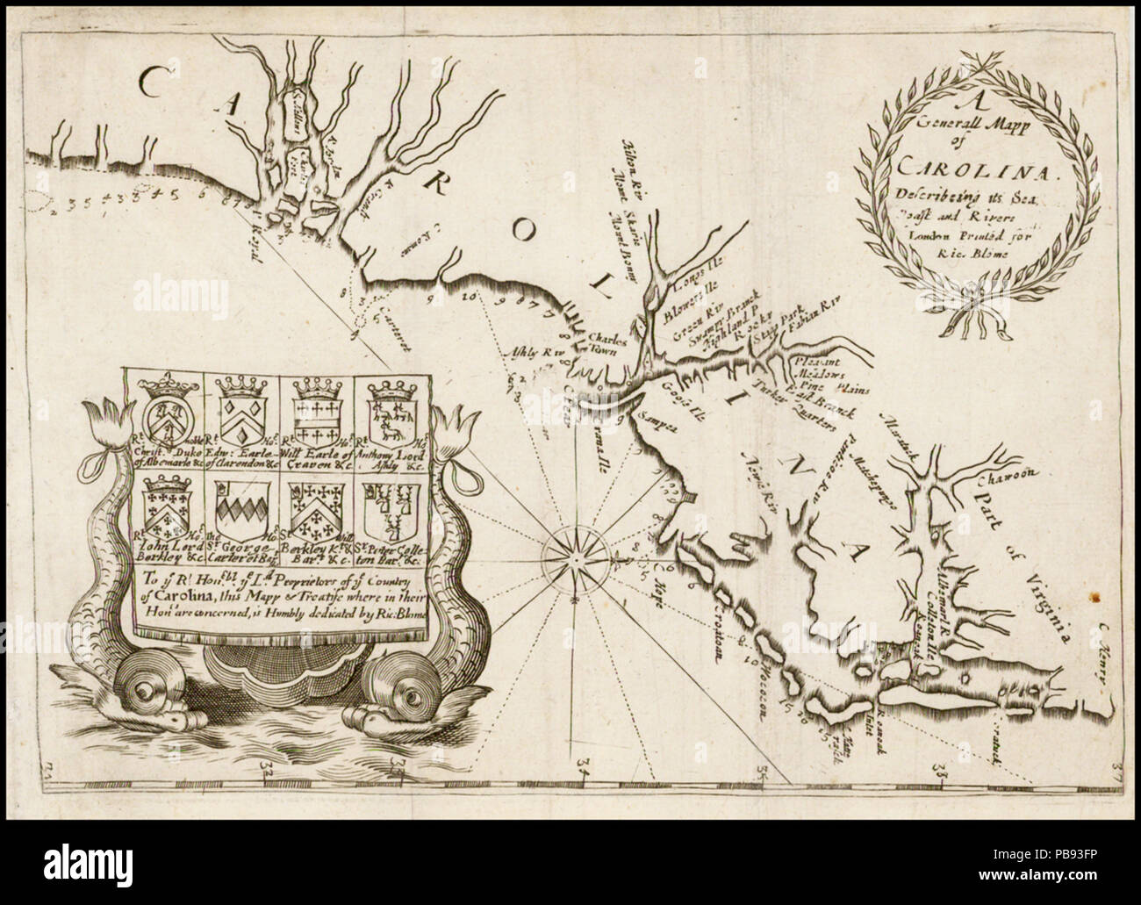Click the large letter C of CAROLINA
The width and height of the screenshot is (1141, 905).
tap(155, 89)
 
